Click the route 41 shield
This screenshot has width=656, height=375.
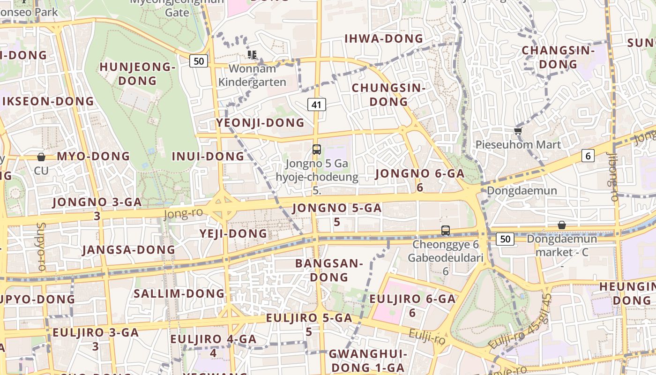(x=317, y=105)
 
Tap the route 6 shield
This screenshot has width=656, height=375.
(x=588, y=156)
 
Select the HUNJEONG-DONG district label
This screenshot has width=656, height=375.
(x=137, y=74)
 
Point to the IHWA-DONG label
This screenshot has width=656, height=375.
(x=384, y=39)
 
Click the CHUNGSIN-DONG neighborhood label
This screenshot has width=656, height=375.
(x=388, y=95)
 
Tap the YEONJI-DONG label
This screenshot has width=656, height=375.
(x=260, y=123)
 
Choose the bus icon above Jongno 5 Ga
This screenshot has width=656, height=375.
(x=317, y=150)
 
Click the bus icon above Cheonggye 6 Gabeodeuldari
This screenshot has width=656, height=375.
(x=445, y=231)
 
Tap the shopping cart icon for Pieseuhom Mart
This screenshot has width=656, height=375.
(x=518, y=131)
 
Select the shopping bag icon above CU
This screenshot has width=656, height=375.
(x=41, y=157)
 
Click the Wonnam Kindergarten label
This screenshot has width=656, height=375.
(x=252, y=75)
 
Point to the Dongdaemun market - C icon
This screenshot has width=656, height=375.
(x=561, y=225)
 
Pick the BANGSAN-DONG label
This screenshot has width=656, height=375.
(x=329, y=270)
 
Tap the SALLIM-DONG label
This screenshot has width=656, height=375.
(x=179, y=294)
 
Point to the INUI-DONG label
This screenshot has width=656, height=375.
(x=208, y=157)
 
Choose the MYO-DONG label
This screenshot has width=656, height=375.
(x=93, y=157)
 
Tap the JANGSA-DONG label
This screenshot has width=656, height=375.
(x=128, y=250)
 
